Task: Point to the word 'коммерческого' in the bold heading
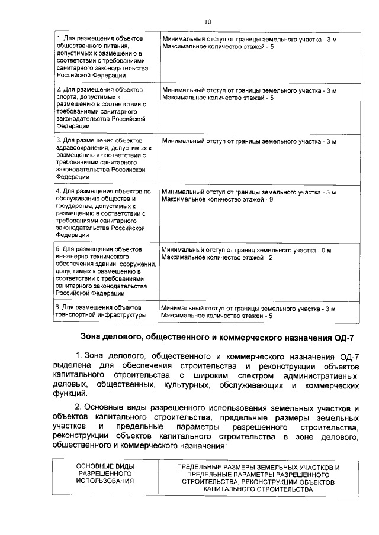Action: click(x=259, y=338)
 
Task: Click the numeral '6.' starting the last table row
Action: click(x=58, y=307)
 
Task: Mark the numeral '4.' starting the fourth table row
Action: click(x=58, y=192)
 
